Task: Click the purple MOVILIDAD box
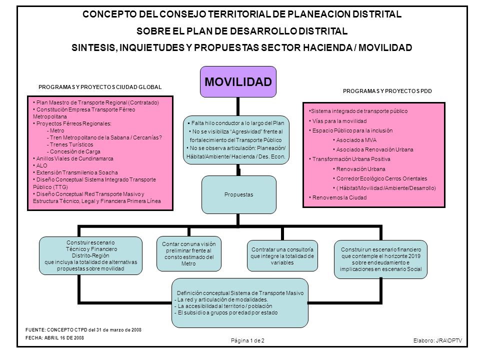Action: pos(238,81)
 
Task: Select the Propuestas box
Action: pos(239,194)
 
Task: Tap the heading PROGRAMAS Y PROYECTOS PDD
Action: pos(387,91)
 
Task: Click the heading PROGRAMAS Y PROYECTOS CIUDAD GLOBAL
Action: pos(100,87)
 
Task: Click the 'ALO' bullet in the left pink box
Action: pos(40,165)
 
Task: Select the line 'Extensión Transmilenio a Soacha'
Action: pos(75,172)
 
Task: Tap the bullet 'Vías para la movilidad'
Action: pos(337,121)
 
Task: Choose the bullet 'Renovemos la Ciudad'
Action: pos(337,197)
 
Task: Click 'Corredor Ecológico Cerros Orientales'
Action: pos(380,178)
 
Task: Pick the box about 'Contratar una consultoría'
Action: pos(282,256)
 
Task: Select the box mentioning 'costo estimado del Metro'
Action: pos(189,254)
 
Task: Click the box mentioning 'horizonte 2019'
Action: pos(380,259)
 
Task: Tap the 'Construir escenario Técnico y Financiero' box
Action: pos(90,255)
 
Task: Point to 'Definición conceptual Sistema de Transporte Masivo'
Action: pos(240,293)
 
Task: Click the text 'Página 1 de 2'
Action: pos(247,340)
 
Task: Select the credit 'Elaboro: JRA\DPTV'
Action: pos(438,340)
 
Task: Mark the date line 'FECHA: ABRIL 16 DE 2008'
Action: pos(54,337)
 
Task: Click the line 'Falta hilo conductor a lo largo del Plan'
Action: pos(235,123)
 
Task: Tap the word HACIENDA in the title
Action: pos(327,47)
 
